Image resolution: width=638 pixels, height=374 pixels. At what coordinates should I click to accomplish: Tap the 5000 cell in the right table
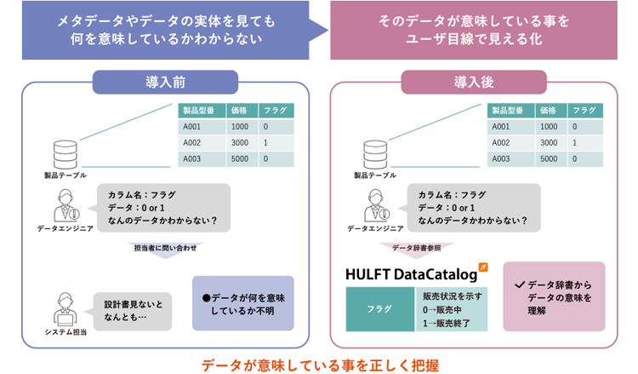(550, 158)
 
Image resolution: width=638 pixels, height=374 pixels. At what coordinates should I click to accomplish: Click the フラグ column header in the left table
(276, 110)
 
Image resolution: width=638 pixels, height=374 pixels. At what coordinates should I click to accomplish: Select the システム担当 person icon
(65, 307)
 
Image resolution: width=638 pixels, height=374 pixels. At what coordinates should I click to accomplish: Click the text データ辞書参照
(417, 248)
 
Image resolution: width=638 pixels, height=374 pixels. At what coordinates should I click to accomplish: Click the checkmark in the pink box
(519, 285)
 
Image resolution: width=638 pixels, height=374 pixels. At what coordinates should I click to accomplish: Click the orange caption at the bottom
(320, 363)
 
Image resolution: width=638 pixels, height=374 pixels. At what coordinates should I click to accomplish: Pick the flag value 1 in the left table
(265, 142)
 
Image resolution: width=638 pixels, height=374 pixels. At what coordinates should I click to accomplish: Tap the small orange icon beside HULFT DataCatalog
(483, 267)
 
